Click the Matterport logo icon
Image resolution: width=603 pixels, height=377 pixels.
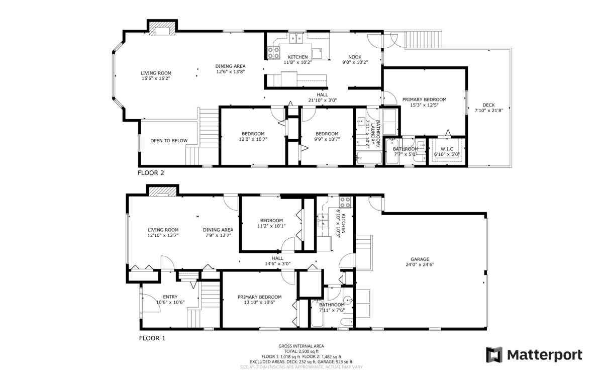coord(494,355)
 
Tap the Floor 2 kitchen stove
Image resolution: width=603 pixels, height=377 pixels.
coord(273,53)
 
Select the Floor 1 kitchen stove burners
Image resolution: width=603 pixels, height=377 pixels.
coord(346,202)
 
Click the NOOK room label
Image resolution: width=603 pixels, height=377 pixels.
coord(355,57)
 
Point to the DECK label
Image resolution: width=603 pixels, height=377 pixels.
coord(488,105)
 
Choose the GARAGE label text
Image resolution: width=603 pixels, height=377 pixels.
coord(420,259)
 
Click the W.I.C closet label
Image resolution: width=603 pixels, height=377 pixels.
coord(447,149)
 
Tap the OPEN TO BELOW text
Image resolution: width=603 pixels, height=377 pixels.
coord(169,141)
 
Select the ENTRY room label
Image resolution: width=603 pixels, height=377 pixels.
coord(170,297)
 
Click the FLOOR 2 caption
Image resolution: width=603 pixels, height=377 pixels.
coord(151,173)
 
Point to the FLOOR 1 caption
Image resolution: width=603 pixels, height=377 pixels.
coord(152,338)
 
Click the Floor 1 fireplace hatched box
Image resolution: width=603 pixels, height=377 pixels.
coord(163,192)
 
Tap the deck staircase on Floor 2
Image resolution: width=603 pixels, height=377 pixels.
coord(424,39)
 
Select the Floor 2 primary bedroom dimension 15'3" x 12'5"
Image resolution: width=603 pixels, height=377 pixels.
coord(424,105)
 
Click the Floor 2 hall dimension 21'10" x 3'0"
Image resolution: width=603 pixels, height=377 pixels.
coord(322,101)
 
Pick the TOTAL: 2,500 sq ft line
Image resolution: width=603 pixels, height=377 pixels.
coord(301,351)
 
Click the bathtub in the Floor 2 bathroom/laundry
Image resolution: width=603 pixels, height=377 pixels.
coord(369,158)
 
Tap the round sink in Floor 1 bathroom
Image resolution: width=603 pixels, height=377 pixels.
coord(348,300)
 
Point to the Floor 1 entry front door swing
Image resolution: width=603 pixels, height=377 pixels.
coord(151,303)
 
